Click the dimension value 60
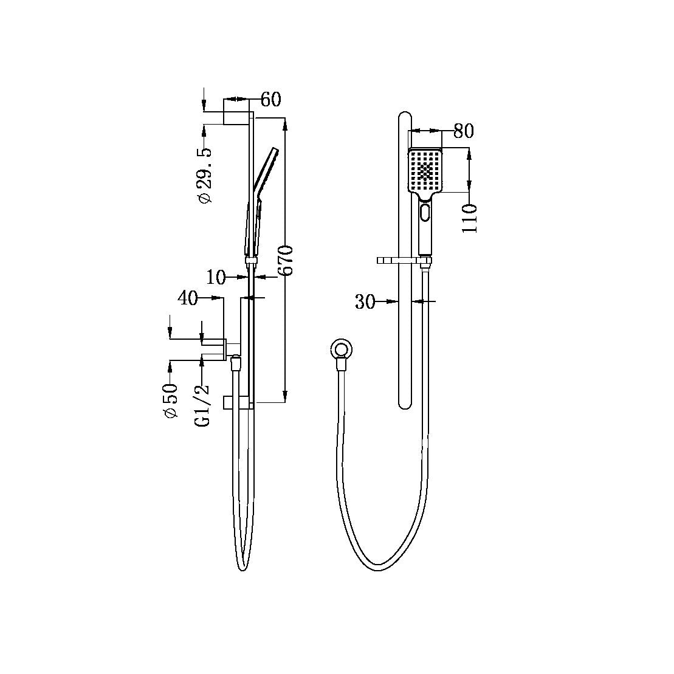tap(271, 99)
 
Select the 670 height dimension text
tap(286, 260)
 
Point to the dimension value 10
tap(216, 278)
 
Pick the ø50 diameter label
tap(170, 399)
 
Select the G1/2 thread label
tap(203, 405)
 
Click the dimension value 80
tap(463, 131)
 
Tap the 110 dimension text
tap(469, 218)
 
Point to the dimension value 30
tap(365, 301)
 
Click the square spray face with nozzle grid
tap(426, 171)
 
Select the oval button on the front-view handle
tap(425, 214)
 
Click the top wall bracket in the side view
tap(237, 118)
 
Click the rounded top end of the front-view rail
tap(404, 117)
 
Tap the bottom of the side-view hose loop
tap(241, 568)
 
